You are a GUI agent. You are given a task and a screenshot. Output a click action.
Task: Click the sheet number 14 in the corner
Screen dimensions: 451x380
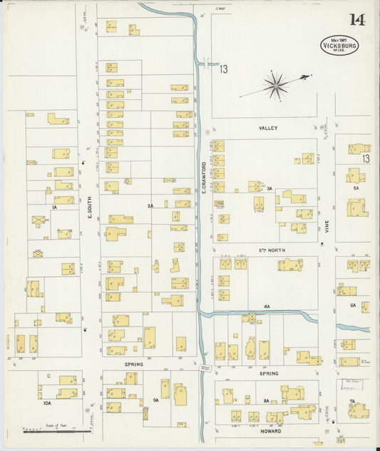(357, 19)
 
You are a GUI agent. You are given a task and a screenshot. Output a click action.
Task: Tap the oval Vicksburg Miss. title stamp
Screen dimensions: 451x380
(339, 46)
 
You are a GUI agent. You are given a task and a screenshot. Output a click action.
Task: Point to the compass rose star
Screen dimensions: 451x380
(275, 85)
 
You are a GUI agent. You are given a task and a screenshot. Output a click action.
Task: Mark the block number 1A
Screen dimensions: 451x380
(54, 207)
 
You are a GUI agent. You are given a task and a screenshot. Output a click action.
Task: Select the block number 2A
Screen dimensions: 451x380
(150, 206)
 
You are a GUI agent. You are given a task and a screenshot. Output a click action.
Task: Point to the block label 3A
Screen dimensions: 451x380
(269, 189)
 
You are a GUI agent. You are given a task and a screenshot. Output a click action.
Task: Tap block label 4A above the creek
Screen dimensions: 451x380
(267, 306)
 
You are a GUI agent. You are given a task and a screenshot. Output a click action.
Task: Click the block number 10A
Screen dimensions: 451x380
(47, 403)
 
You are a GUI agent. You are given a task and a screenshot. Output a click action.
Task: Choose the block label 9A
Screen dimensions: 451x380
(155, 400)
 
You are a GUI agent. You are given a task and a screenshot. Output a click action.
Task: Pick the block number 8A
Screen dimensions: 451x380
(266, 400)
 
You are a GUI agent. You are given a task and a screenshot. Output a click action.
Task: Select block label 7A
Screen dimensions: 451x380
(351, 402)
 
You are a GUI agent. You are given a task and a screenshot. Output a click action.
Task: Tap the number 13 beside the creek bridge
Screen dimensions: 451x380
(223, 69)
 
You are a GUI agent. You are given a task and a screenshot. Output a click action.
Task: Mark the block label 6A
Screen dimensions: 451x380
(352, 305)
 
